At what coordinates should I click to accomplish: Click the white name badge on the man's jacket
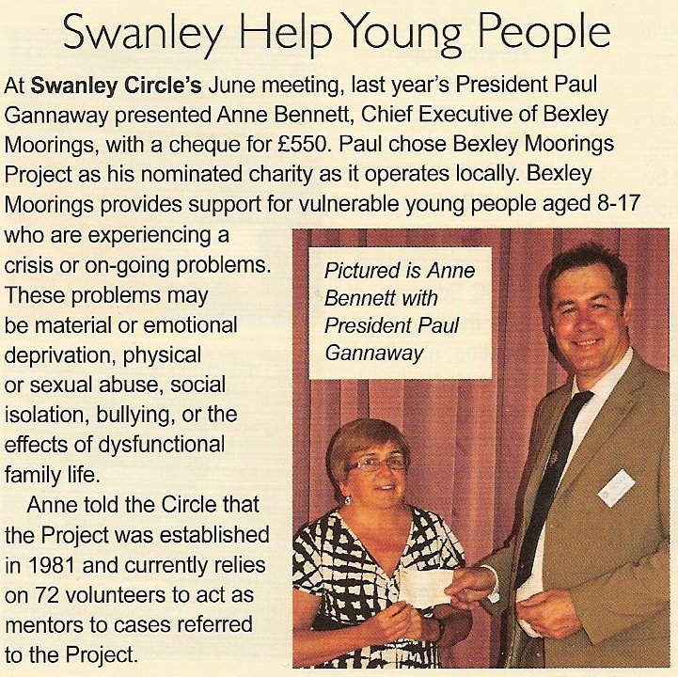coord(616,487)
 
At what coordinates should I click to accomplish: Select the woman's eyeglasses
coord(378,464)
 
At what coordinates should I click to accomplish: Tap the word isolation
coord(46,415)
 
